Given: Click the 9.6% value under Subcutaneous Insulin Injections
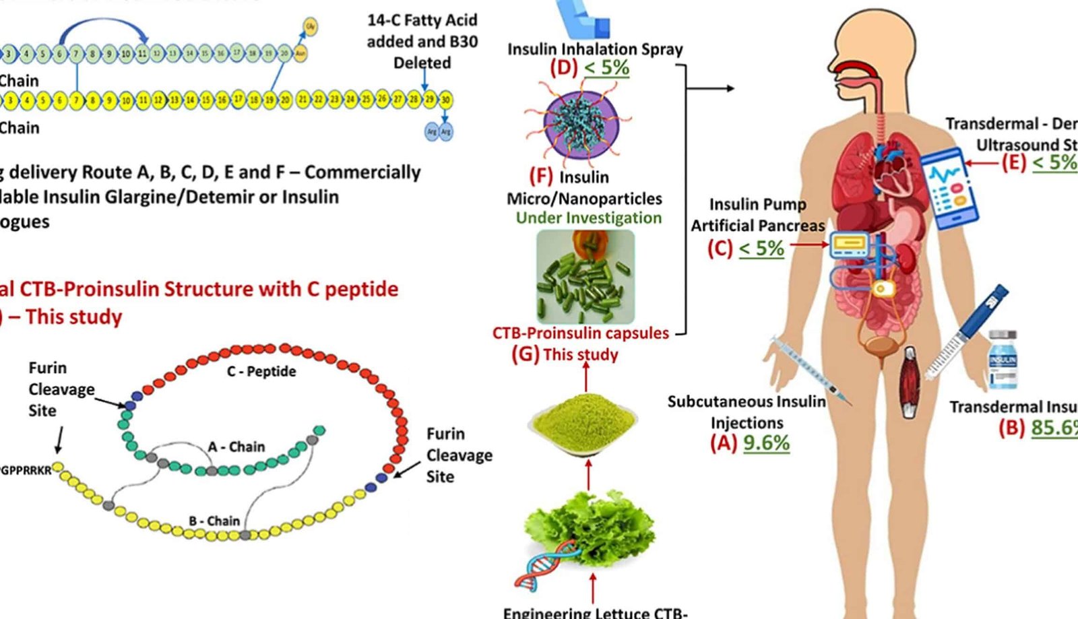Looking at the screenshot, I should coord(766,443).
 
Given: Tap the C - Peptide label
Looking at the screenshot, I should coord(261,371).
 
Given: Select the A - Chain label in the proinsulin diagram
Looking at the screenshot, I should coord(236,447).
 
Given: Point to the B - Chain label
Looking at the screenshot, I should coord(214,521).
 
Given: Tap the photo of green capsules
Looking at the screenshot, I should coord(585,277).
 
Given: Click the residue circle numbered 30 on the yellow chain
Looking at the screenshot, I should coord(445,100).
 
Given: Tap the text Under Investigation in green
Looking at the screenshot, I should coord(588,218).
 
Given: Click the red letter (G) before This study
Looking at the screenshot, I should coord(525,354).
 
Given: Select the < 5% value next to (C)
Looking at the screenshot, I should coord(761,249).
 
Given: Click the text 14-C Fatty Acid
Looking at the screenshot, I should coord(422,20).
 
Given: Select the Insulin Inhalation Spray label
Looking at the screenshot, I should coord(594,49).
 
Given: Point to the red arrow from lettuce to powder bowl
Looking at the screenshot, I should coord(589,476).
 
